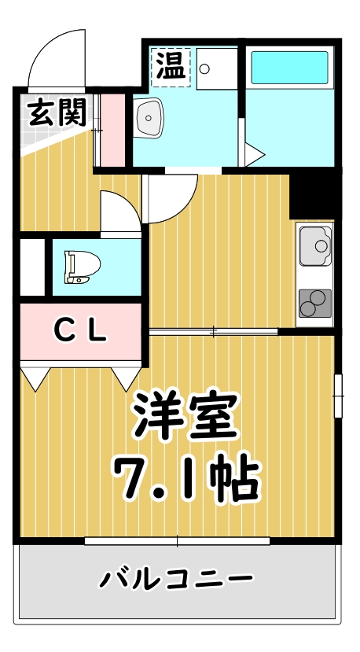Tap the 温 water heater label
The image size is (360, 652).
tap(171, 65)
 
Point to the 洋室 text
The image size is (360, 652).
tap(185, 415)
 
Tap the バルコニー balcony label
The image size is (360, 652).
tap(176, 580)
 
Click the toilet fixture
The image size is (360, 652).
tap(80, 267)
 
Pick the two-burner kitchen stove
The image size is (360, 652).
tap(314, 303)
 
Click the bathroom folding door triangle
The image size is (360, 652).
tap(252, 154)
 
